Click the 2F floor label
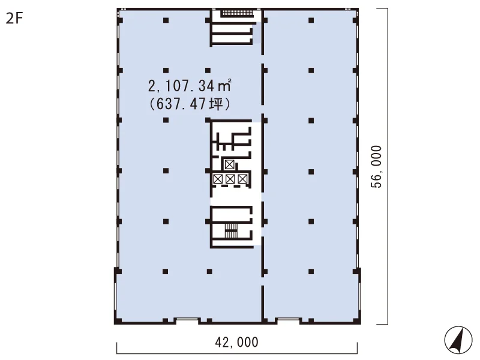pyautogui.click(x=14, y=19)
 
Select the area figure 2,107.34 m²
pyautogui.click(x=190, y=86)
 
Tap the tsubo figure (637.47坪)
pyautogui.click(x=190, y=104)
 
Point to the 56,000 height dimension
pyautogui.click(x=376, y=167)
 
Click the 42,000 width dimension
pyautogui.click(x=236, y=342)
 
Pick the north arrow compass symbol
pyautogui.click(x=458, y=340)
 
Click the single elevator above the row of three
pyautogui.click(x=229, y=164)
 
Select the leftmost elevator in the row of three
pyautogui.click(x=218, y=179)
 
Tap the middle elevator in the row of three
pyautogui.click(x=230, y=179)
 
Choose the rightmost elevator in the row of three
pyautogui.click(x=242, y=179)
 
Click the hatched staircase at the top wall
pyautogui.click(x=238, y=13)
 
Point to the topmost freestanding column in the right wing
pyautogui.click(x=311, y=20)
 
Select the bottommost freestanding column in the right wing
pyautogui.click(x=311, y=271)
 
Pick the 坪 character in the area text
pyautogui.click(x=215, y=104)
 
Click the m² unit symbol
pyautogui.click(x=224, y=86)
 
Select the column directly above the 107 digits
pyautogui.click(x=166, y=71)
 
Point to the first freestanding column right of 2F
pyautogui.click(x=166, y=20)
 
